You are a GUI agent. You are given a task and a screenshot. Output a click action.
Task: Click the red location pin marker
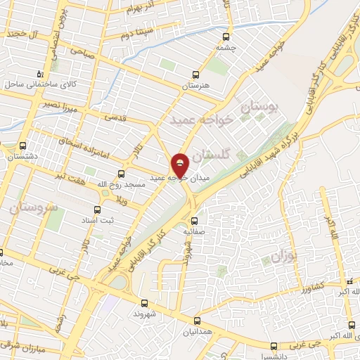tap(181, 165)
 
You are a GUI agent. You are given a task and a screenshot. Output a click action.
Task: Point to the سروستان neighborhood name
tap(34, 209)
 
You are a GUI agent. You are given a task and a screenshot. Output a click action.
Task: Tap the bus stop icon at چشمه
tap(226, 37)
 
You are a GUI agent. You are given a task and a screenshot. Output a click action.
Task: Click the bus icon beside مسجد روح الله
tap(121, 173)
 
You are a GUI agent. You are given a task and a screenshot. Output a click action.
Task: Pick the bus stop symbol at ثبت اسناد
tap(98, 210)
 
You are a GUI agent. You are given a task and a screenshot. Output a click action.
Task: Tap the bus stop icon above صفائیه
tap(195, 221)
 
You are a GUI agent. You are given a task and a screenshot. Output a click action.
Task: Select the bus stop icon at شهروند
tap(144, 303)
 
